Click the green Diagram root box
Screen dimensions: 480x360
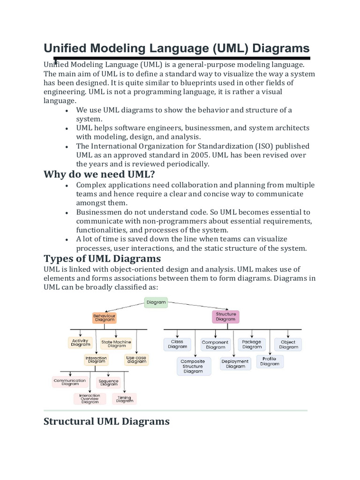click(156, 302)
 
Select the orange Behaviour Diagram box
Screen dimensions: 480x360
click(104, 318)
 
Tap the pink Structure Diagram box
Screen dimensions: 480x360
click(226, 317)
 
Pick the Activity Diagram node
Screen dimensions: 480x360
click(81, 343)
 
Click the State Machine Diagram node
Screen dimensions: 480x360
click(116, 344)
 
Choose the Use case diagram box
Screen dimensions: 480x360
click(136, 360)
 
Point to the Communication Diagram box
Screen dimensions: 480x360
click(70, 382)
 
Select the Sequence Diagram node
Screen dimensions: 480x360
click(109, 382)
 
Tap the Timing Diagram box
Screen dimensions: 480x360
click(124, 399)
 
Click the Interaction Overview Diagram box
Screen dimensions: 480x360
click(90, 398)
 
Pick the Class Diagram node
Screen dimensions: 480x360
click(177, 345)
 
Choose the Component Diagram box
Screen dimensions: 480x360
click(215, 345)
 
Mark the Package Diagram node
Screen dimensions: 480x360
click(252, 345)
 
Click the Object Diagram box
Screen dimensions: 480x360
click(288, 345)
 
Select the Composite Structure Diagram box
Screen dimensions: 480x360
click(193, 366)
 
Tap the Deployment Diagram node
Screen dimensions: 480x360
click(235, 364)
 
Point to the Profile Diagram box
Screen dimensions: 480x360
click(270, 361)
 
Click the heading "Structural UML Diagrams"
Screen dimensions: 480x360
click(106, 421)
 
